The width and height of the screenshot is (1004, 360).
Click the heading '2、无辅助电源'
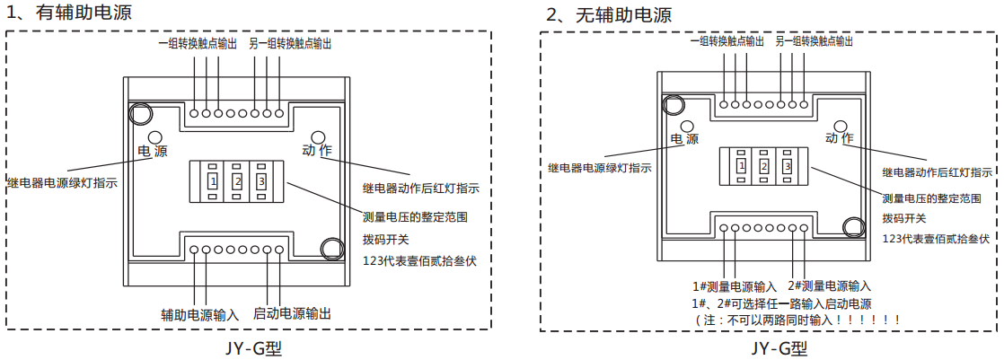(609, 15)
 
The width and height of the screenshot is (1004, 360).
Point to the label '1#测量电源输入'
(735, 286)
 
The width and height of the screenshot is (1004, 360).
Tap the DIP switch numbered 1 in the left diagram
(212, 181)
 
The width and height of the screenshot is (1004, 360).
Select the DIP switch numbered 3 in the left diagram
(261, 181)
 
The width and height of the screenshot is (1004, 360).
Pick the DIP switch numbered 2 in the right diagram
(763, 166)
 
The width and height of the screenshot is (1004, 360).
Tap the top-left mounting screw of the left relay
(140, 114)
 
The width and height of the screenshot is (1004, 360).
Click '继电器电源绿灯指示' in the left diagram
(62, 181)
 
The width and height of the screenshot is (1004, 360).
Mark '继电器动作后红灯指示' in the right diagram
(938, 172)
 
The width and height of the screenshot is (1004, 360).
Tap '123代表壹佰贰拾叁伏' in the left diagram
(418, 260)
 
